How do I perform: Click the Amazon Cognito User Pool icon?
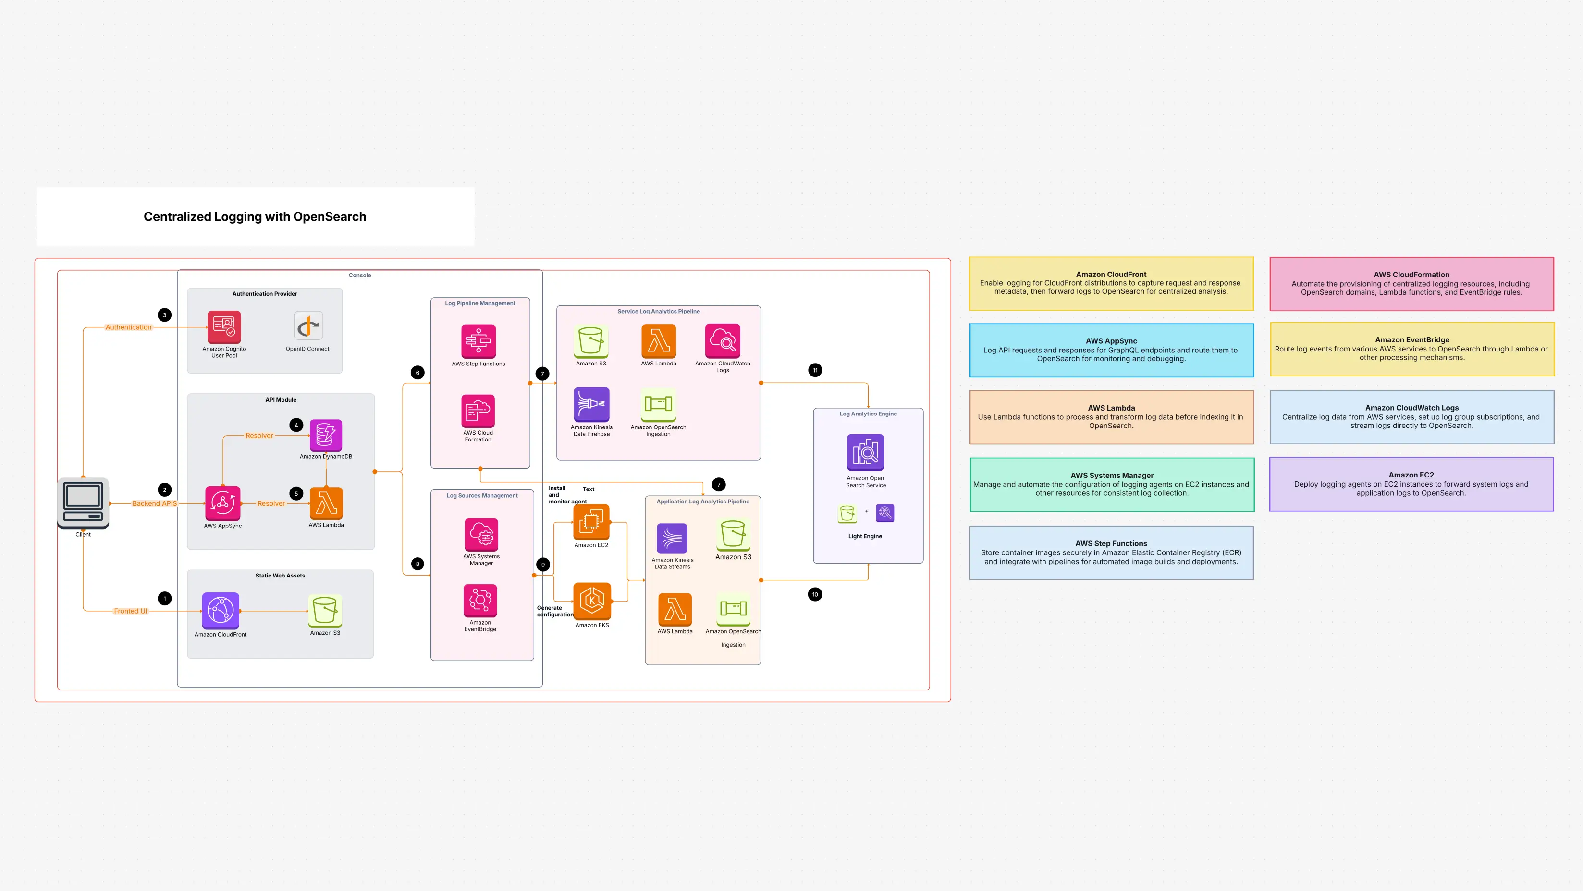coord(224,327)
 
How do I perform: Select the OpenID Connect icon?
coord(308,326)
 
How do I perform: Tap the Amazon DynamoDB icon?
coord(326,435)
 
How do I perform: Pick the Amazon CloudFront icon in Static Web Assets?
coord(221,611)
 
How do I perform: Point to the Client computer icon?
coord(83,502)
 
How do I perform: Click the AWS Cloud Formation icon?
coord(478,411)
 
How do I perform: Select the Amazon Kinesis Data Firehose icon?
coord(591,404)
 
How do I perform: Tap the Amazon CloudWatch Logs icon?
coord(723,340)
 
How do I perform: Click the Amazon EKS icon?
coord(592,601)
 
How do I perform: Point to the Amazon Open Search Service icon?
coord(865,452)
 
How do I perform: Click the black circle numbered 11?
coord(815,370)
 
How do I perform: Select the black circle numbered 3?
coord(165,315)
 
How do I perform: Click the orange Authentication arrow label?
coord(128,327)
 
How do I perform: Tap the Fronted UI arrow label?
coord(130,611)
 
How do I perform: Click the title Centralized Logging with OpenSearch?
coord(255,216)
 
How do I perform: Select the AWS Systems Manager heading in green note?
coord(1112,476)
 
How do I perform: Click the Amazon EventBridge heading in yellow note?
coord(1411,339)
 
